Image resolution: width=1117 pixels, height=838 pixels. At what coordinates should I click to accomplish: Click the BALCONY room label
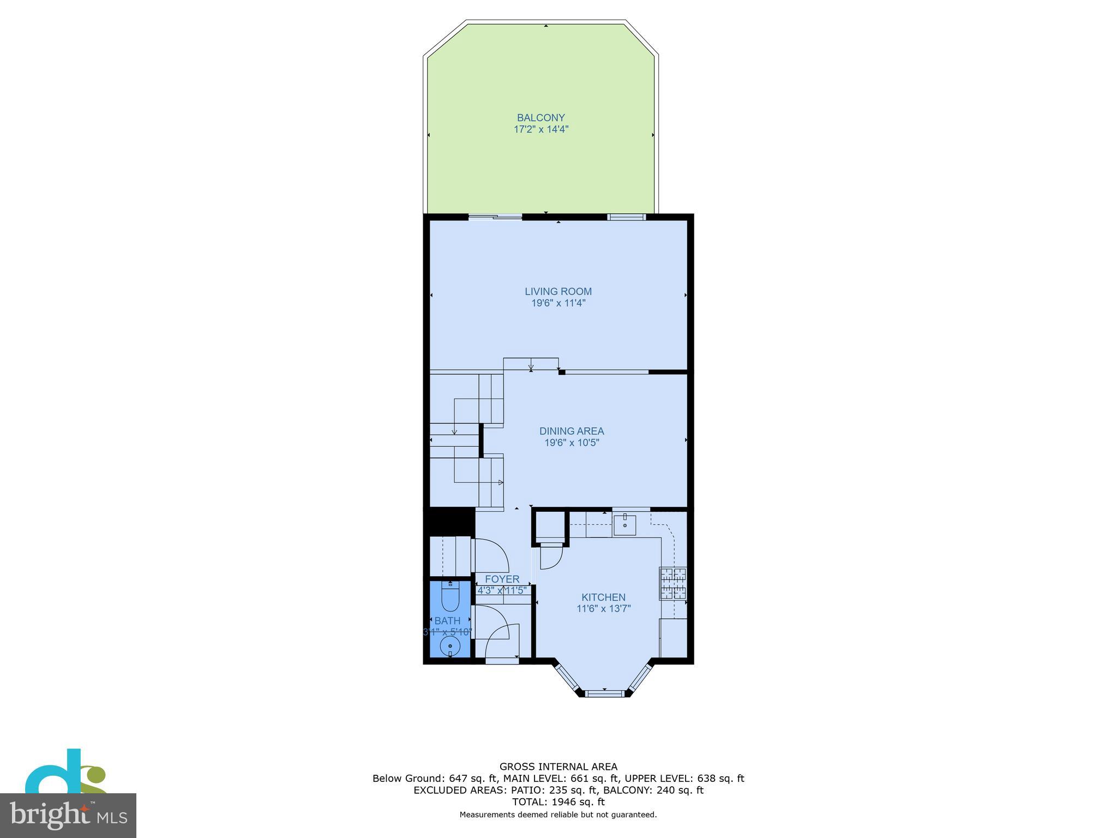tap(541, 117)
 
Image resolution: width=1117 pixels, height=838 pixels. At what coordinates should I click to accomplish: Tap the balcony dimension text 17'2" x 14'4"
tap(541, 129)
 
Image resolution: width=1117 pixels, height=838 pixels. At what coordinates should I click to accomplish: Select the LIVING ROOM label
tap(558, 291)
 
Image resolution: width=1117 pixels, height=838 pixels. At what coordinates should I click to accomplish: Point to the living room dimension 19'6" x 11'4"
tap(558, 303)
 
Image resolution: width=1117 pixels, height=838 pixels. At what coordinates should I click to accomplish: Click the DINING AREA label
tap(572, 431)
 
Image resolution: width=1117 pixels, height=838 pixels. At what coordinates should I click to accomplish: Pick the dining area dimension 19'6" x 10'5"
tap(572, 443)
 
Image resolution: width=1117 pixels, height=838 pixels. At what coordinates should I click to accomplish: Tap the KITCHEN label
tap(603, 597)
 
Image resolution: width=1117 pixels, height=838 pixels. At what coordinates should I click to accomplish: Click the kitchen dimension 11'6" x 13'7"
tap(603, 609)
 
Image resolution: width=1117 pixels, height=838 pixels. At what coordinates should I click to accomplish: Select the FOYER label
tap(502, 579)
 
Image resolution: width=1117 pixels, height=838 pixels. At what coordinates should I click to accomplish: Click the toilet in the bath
tap(451, 596)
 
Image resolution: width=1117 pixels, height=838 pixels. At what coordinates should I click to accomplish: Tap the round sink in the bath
tap(450, 647)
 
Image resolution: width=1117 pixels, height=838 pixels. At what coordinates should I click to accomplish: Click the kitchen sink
tap(624, 525)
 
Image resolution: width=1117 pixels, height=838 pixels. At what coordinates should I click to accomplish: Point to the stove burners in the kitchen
tap(673, 583)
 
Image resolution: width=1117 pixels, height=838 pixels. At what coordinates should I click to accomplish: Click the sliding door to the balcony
tap(495, 217)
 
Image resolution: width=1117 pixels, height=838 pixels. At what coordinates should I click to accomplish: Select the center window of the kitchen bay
tap(604, 693)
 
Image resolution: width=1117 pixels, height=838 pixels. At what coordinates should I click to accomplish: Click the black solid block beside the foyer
tap(449, 521)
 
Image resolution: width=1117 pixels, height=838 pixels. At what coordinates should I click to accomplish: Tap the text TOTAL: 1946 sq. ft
tap(558, 802)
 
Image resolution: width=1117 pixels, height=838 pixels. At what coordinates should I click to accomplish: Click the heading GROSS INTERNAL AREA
tap(558, 767)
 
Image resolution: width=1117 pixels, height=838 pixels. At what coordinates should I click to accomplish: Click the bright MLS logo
tap(68, 815)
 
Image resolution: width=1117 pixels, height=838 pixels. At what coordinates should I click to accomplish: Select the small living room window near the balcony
tap(626, 217)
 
